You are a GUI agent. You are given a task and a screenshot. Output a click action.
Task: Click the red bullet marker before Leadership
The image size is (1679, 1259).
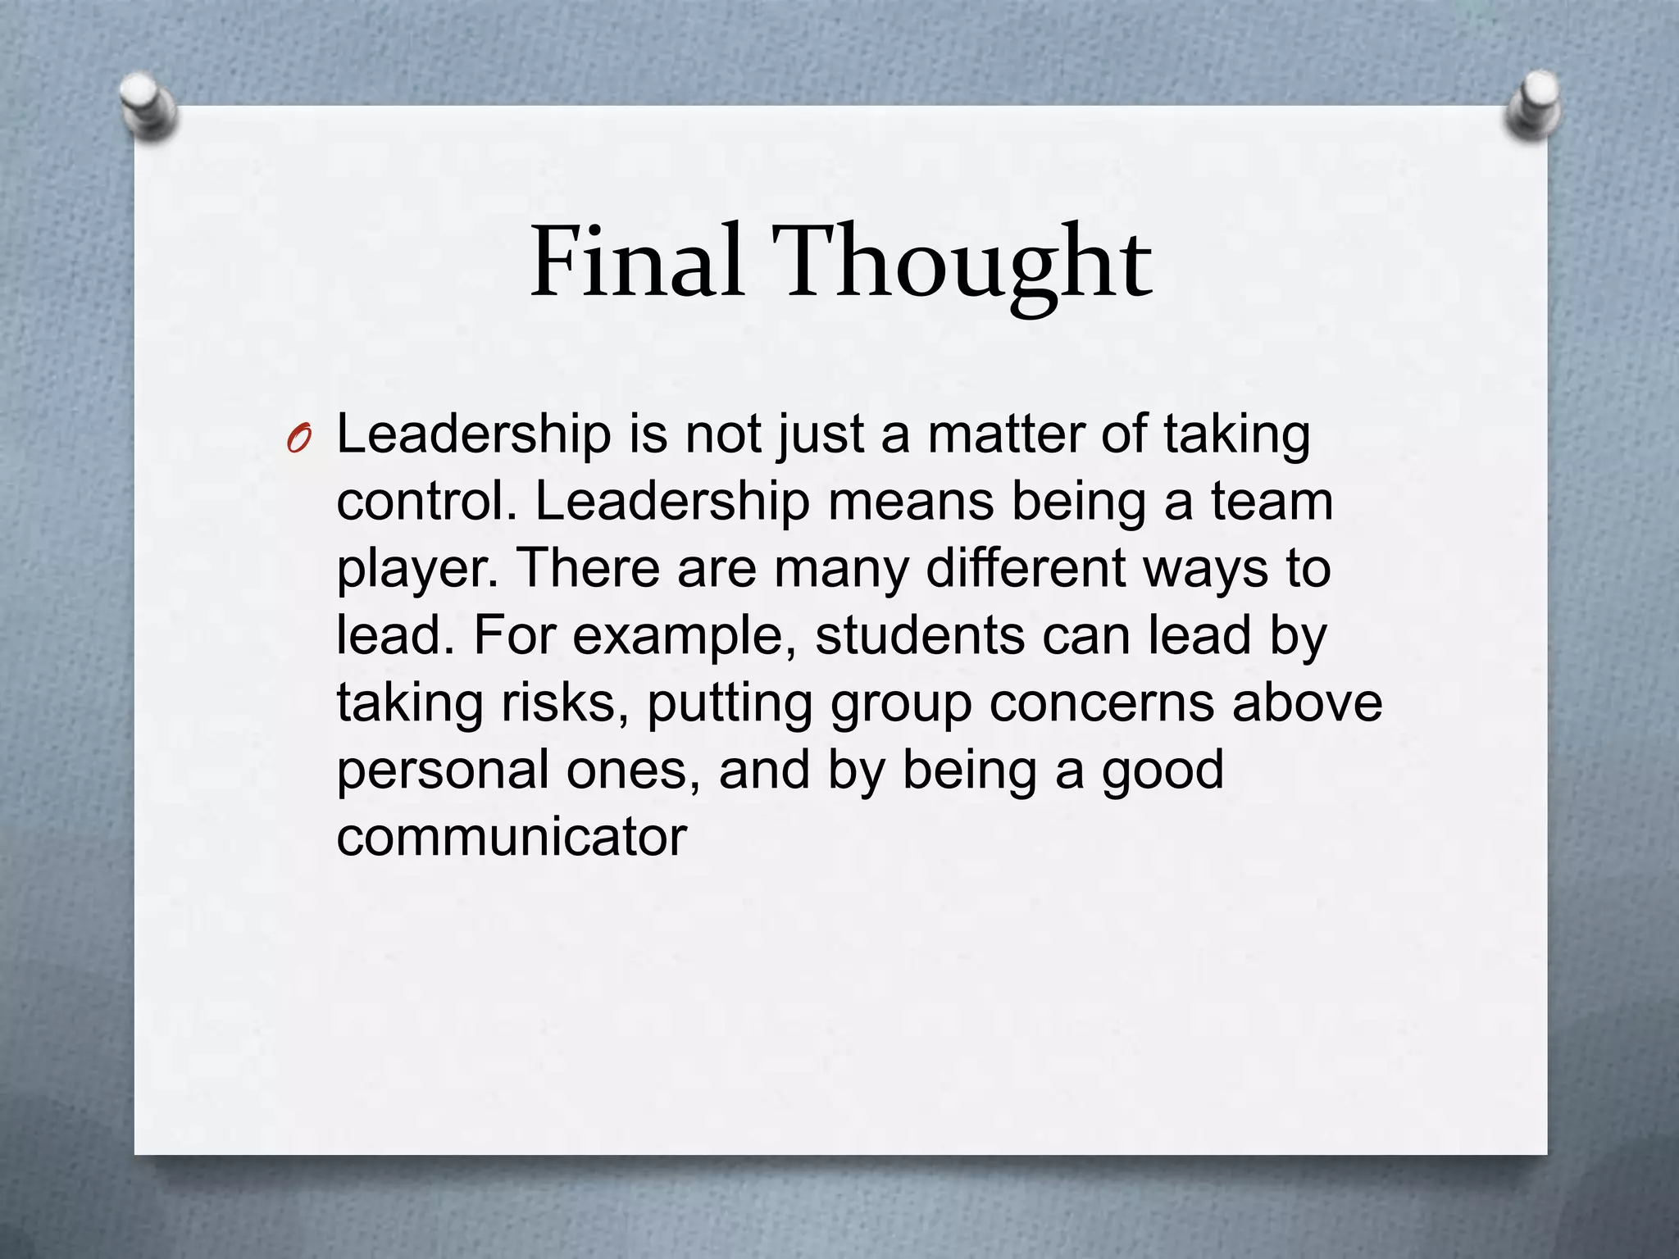tap(299, 441)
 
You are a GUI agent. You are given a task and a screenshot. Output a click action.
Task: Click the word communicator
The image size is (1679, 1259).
tap(512, 838)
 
